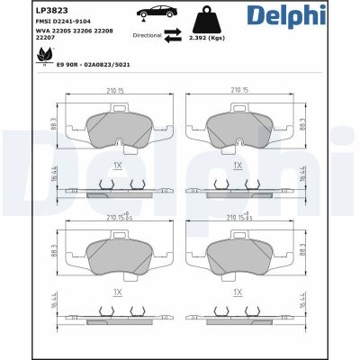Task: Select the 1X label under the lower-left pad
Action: [117, 292]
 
